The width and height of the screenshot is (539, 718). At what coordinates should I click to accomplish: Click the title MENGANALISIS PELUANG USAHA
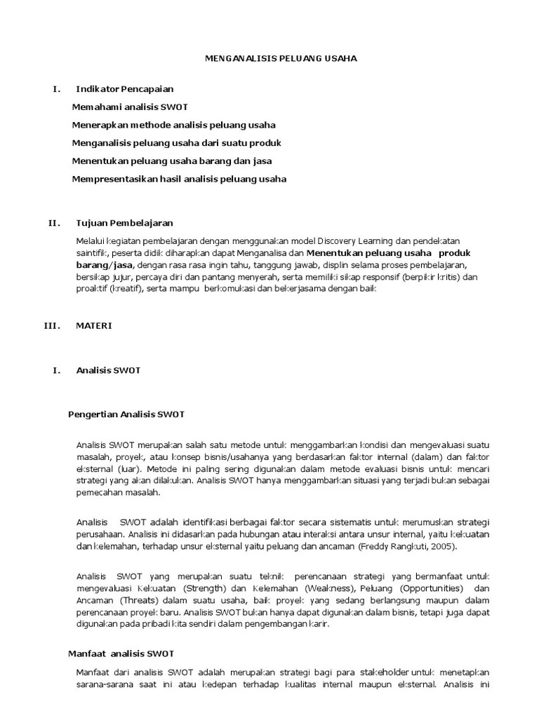(280, 59)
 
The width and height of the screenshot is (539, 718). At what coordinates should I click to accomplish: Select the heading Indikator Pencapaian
(124, 89)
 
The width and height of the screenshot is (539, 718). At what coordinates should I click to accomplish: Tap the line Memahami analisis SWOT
(130, 107)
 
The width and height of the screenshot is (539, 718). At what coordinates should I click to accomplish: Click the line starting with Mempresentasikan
(179, 179)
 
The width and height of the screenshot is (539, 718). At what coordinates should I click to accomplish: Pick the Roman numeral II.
(54, 223)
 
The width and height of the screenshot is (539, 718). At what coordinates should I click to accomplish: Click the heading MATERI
(93, 326)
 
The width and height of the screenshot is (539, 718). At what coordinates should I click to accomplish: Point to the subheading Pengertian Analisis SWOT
(126, 414)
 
